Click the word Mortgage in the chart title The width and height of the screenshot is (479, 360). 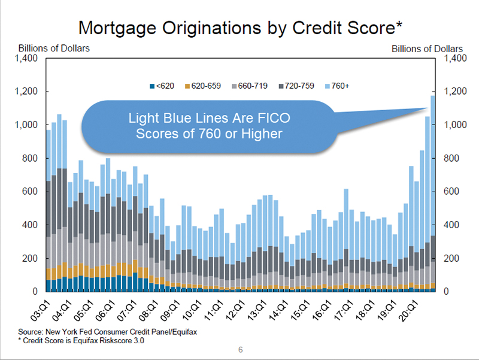tap(117, 28)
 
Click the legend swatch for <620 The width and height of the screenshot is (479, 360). tap(152, 86)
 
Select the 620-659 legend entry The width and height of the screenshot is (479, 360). tap(203, 86)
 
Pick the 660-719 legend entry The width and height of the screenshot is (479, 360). tap(250, 86)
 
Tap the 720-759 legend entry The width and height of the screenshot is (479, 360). tap(296, 86)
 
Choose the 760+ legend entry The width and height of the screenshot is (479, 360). tap(337, 86)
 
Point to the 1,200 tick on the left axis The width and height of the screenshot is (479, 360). tap(26, 91)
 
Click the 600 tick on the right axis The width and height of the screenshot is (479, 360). tap(451, 191)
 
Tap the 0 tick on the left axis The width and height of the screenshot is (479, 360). tap(35, 291)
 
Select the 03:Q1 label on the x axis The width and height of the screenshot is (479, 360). tap(40, 311)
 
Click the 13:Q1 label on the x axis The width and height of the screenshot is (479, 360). tap(257, 311)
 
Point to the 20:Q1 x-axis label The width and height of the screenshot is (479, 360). tap(408, 311)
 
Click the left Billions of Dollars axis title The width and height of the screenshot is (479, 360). tap(54, 49)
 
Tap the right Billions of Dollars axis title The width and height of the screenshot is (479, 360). tap(427, 49)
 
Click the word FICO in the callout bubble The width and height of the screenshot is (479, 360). tap(274, 118)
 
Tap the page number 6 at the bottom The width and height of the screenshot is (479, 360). tap(241, 350)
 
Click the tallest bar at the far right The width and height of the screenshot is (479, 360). tap(432, 193)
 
